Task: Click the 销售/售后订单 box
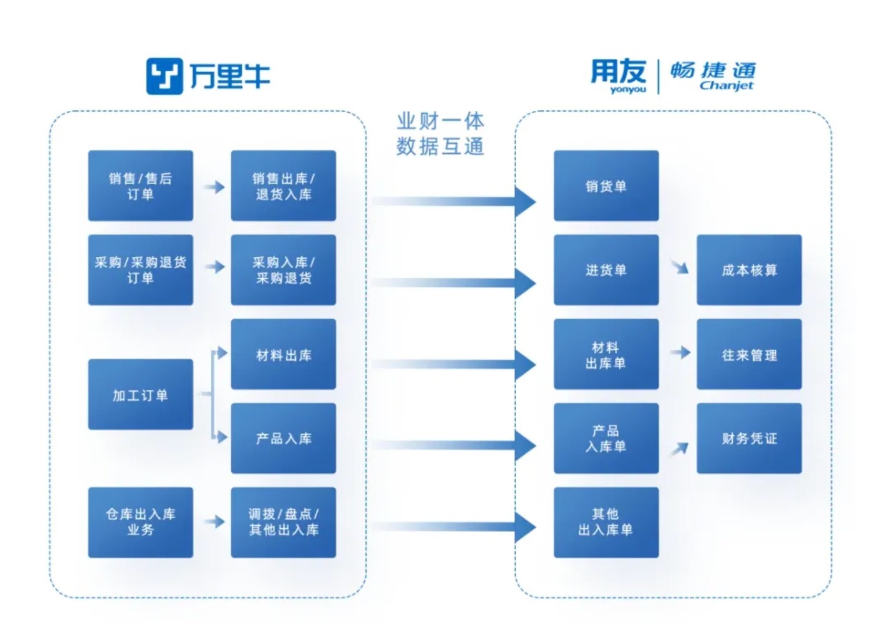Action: click(x=140, y=186)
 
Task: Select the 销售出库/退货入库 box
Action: click(x=283, y=186)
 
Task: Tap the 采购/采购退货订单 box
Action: click(x=140, y=270)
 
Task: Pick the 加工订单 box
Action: click(x=140, y=395)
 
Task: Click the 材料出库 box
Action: click(x=283, y=355)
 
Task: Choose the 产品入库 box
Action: click(x=283, y=438)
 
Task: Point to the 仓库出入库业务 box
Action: click(x=140, y=522)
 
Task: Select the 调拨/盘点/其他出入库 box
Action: click(x=283, y=522)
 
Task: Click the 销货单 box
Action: click(x=606, y=186)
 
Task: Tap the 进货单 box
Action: click(x=606, y=270)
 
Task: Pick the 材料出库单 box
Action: click(x=606, y=355)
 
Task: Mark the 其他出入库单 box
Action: click(x=606, y=522)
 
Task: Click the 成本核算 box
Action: click(x=749, y=270)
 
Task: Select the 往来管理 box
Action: click(x=749, y=355)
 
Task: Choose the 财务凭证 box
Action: click(x=749, y=438)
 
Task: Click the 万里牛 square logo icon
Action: click(x=164, y=76)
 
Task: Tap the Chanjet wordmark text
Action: click(x=726, y=86)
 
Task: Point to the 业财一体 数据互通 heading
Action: click(x=440, y=133)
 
